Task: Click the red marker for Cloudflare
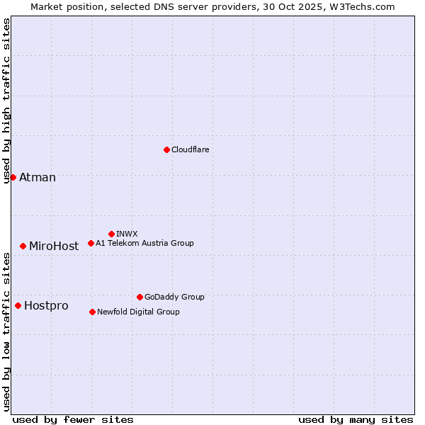[166, 149]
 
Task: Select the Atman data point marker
[13, 177]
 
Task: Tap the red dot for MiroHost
[23, 246]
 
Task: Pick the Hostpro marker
[18, 305]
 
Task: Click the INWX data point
[111, 234]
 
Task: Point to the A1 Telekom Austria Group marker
[91, 243]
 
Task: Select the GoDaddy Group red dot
[140, 297]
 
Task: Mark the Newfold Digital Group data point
[92, 312]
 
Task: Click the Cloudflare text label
[191, 149]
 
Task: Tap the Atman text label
[38, 177]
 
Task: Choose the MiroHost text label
[54, 246]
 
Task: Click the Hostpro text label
[46, 305]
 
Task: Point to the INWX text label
[127, 234]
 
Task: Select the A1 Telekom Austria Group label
[144, 243]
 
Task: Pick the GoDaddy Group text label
[174, 297]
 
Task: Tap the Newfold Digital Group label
[138, 312]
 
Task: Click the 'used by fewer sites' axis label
[73, 419]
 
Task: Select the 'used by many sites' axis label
[356, 419]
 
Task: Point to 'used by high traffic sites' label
[6, 101]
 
